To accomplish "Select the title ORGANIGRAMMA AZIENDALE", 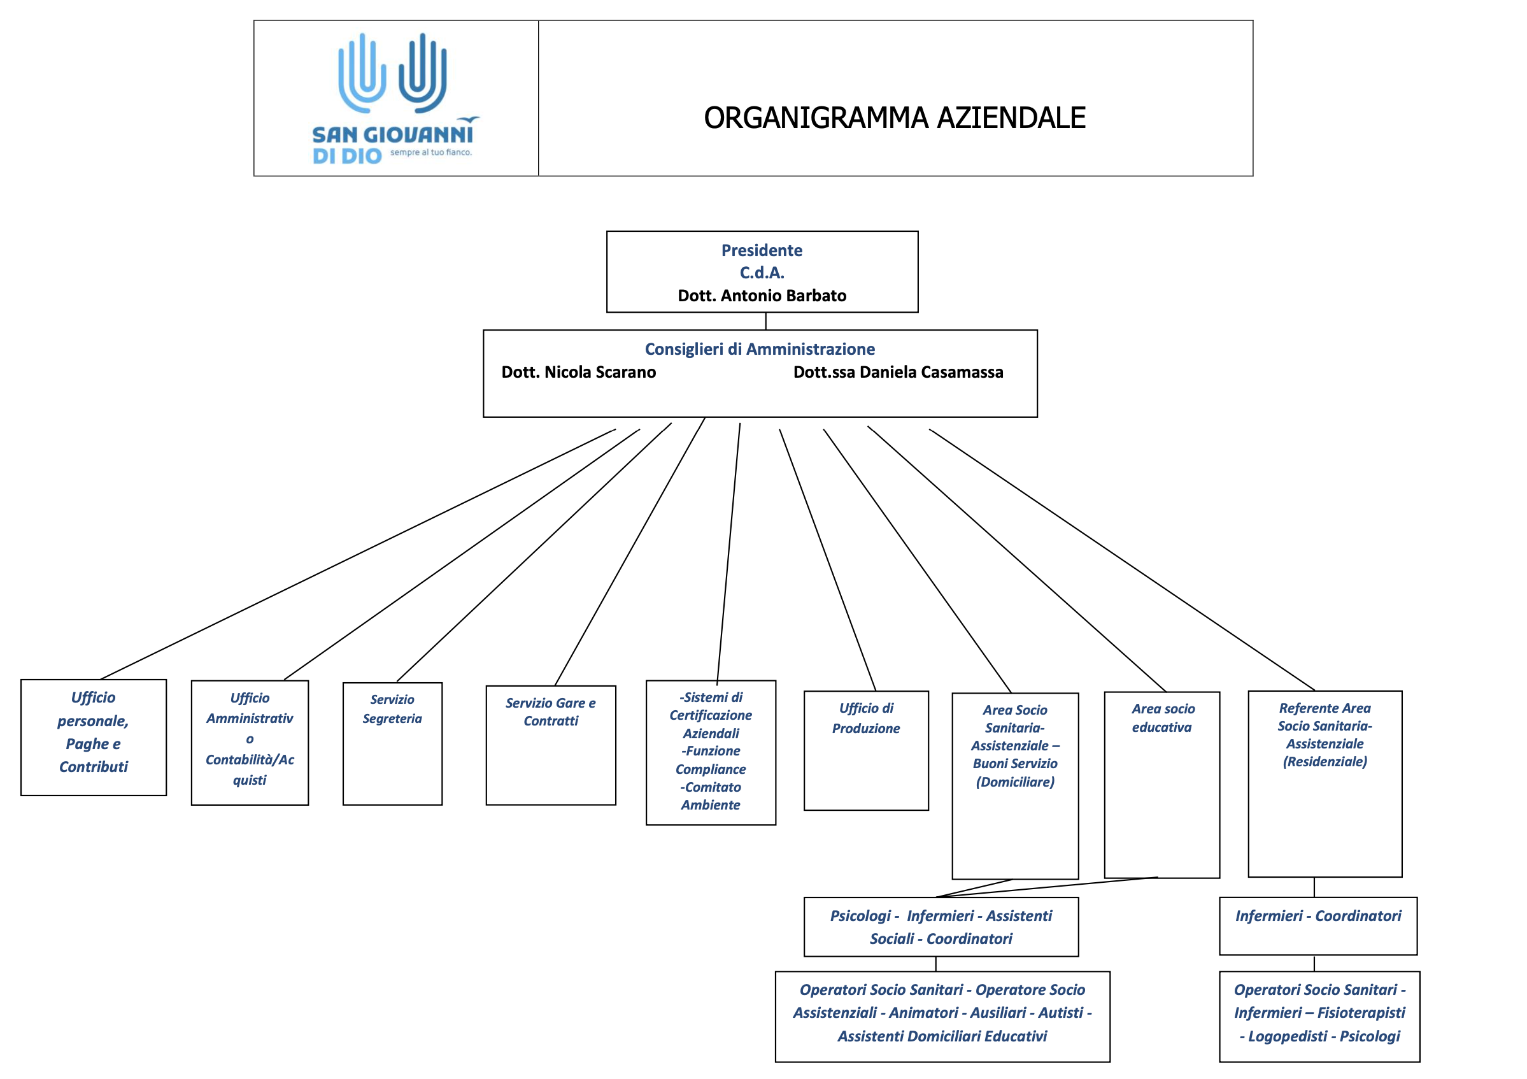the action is point(895,118).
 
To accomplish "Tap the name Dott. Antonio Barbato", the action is point(762,296).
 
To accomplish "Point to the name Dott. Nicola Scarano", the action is point(579,372).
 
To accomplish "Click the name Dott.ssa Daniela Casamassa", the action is point(898,372).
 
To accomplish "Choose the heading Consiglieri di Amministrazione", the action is point(760,349).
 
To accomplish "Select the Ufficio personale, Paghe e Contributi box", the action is point(94,737).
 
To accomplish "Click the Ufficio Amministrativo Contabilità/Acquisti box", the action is point(250,743).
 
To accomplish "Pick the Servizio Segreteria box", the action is point(392,744).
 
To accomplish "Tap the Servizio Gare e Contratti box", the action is point(551,745).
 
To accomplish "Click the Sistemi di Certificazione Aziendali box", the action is point(711,752).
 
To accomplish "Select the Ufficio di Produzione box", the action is point(866,750).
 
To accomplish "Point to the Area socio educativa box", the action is point(1162,785).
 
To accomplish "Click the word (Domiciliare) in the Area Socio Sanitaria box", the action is point(1015,782).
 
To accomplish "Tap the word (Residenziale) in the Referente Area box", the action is point(1325,762).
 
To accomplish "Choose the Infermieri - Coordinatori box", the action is point(1318,926).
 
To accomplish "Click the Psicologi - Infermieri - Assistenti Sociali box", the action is point(941,927).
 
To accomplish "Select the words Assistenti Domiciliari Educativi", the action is point(942,1036).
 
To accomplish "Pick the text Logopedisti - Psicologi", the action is point(1319,1036).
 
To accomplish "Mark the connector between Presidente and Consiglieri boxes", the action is point(766,321).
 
